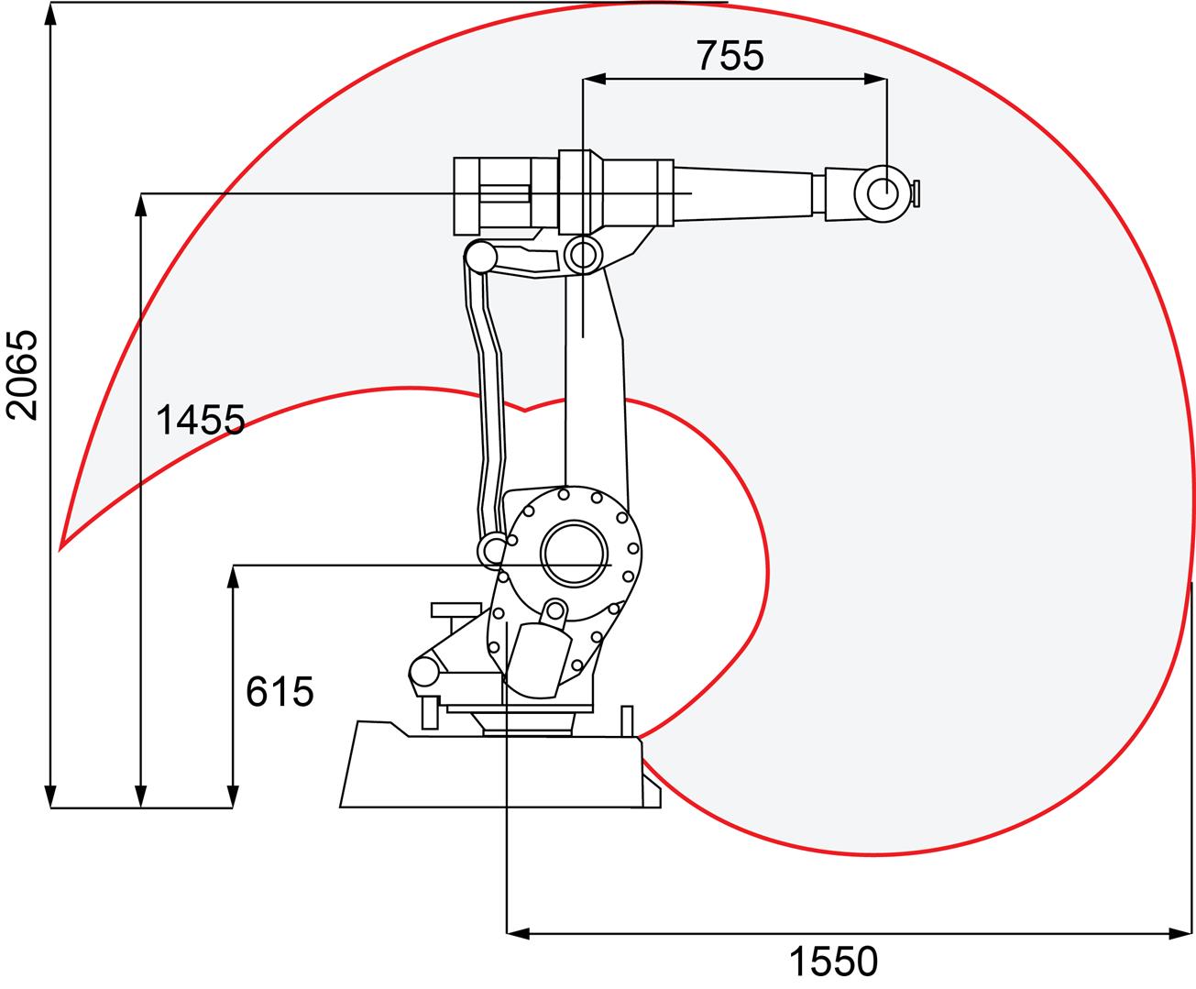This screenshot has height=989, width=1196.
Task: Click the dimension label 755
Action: [730, 56]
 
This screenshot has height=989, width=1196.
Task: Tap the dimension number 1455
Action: [200, 421]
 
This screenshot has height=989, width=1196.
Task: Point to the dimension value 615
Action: [280, 691]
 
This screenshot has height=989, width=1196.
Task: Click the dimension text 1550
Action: [833, 962]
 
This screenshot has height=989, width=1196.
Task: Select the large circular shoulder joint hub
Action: [575, 555]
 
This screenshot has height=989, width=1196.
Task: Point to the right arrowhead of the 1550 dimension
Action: [1181, 933]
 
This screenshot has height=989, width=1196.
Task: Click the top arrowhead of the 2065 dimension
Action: [51, 14]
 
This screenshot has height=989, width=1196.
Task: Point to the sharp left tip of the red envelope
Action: [60, 548]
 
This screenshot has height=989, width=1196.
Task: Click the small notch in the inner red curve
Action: [524, 410]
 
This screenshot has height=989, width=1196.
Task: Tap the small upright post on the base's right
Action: [627, 720]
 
